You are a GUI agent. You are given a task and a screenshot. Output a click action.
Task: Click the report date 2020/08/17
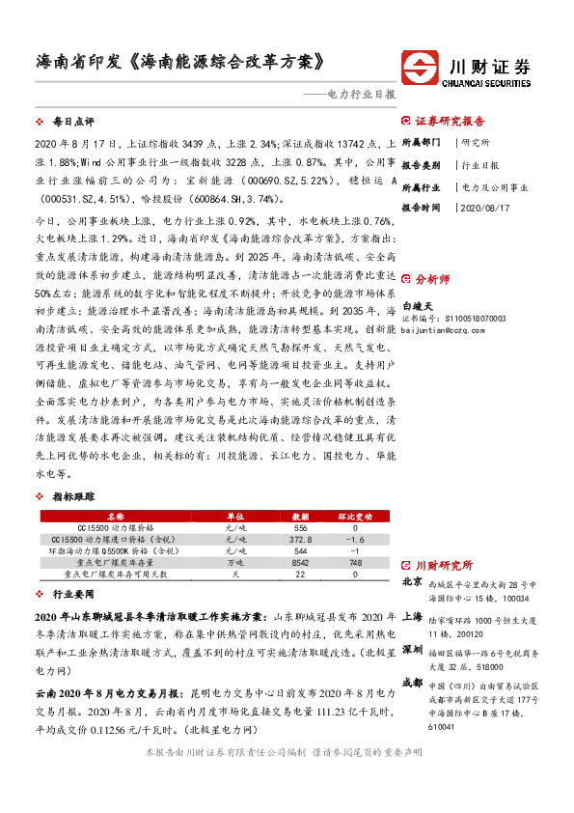[487, 207]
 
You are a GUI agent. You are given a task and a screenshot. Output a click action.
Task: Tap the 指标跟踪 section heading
[73, 495]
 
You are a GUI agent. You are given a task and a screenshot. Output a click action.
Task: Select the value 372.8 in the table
[300, 539]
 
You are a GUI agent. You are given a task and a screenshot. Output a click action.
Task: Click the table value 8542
[300, 561]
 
